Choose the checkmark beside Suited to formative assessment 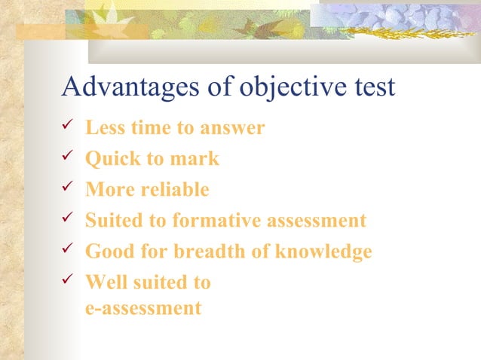(x=66, y=219)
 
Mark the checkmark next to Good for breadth (x=66, y=250)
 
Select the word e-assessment (x=143, y=307)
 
